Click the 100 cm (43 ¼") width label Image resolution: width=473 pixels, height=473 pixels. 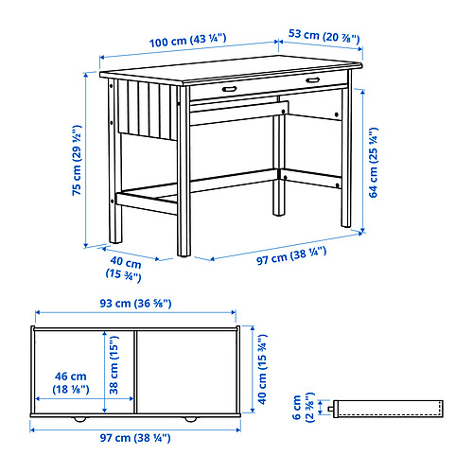[x=187, y=41]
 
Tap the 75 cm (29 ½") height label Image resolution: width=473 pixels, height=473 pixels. [x=77, y=160]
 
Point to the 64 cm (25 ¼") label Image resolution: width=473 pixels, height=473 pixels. [x=374, y=163]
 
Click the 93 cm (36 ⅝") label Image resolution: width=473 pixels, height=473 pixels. [x=135, y=304]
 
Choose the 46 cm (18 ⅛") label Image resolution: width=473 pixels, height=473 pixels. [x=71, y=382]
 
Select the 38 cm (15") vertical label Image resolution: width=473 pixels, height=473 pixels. [x=114, y=365]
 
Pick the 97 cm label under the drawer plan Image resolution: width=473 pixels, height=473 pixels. [x=135, y=438]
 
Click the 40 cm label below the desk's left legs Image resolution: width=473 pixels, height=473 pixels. [x=124, y=269]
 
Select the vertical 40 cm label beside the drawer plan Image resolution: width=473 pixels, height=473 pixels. [x=263, y=369]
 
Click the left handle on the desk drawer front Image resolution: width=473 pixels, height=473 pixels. [x=229, y=89]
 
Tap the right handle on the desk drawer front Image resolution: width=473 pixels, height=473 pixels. [x=312, y=80]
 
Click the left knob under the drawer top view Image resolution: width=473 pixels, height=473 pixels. [x=79, y=419]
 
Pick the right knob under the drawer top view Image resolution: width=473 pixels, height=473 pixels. [x=190, y=419]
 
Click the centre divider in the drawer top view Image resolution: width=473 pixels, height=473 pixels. [x=135, y=372]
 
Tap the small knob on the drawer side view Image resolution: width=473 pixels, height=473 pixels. [x=331, y=409]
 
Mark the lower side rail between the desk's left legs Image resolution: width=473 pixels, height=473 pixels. [x=147, y=203]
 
